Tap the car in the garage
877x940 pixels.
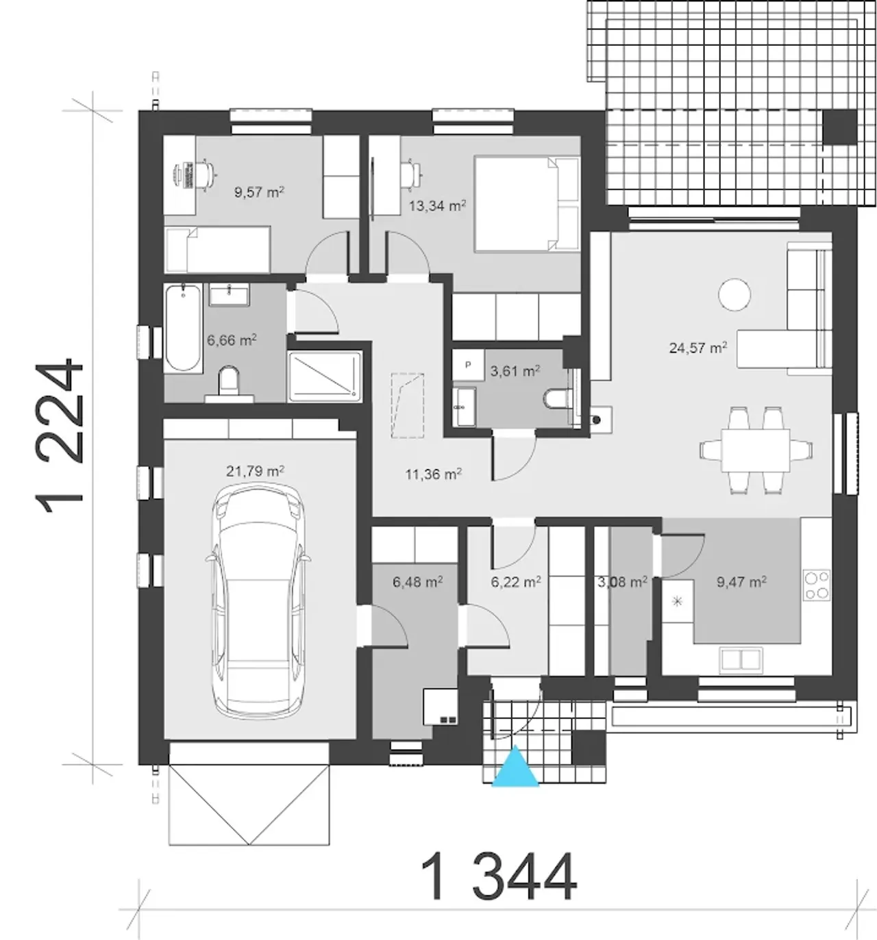pyautogui.click(x=258, y=600)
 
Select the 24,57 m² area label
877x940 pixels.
pyautogui.click(x=697, y=348)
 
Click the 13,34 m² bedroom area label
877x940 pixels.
pyautogui.click(x=437, y=206)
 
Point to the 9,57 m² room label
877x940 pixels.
pyautogui.click(x=259, y=192)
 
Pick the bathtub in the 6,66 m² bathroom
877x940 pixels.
pyautogui.click(x=184, y=328)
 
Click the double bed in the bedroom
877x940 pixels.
pyautogui.click(x=526, y=203)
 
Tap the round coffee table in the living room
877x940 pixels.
pyautogui.click(x=734, y=294)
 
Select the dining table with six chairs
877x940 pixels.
pyautogui.click(x=755, y=450)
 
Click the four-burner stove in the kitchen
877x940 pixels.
pyautogui.click(x=817, y=585)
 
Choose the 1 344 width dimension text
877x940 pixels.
pyautogui.click(x=499, y=876)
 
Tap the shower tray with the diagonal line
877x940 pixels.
pyautogui.click(x=325, y=377)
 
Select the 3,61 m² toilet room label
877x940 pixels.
pyautogui.click(x=515, y=370)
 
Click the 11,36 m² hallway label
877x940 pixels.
pyautogui.click(x=434, y=474)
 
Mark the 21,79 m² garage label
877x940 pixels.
pyautogui.click(x=255, y=471)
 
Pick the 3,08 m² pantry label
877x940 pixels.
pyautogui.click(x=622, y=582)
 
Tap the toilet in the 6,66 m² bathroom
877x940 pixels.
pyautogui.click(x=230, y=384)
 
